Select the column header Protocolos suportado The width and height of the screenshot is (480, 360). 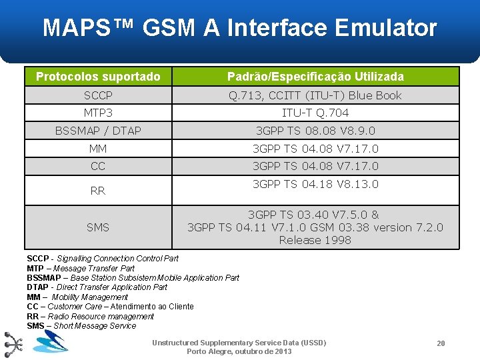pos(98,77)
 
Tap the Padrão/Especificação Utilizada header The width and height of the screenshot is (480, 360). pos(315,77)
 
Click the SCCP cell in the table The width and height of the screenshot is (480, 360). pos(98,95)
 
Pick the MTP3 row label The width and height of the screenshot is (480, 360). pos(98,113)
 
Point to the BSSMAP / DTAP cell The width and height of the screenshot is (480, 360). pos(98,131)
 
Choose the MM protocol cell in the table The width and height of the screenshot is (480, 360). pos(98,149)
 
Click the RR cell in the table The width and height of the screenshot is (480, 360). pos(98,191)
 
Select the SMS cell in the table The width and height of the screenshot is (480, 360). pos(98,227)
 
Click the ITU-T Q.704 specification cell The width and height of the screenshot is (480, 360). pos(315,113)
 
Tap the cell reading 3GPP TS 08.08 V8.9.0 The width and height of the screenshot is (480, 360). pos(315,131)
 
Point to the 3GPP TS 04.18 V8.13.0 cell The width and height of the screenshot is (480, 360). pos(315,184)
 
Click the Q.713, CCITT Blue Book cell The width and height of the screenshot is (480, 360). pos(315,95)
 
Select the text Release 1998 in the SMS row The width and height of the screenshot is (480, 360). pos(315,240)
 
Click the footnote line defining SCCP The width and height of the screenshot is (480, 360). pos(103,258)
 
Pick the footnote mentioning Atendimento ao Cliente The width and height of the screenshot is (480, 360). pos(110,307)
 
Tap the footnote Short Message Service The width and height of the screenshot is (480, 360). pos(81,325)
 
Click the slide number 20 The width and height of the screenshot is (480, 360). pos(441,343)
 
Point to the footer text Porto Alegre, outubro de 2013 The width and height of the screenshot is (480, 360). pos(239,351)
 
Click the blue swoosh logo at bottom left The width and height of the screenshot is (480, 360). pos(51,342)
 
